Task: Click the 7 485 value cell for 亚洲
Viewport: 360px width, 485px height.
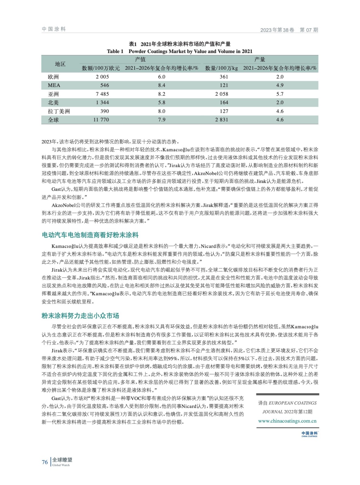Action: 102,94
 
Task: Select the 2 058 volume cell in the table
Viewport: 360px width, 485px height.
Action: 221,94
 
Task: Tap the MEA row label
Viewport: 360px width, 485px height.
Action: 54,85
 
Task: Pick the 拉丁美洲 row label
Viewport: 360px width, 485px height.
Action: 59,111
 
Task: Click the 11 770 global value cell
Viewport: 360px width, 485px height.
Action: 101,120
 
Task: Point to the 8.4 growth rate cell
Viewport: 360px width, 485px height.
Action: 162,85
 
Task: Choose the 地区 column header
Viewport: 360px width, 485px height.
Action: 60,64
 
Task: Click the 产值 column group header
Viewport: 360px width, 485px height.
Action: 140,59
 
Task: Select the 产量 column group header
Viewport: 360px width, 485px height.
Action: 260,59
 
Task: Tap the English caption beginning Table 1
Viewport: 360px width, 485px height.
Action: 180,51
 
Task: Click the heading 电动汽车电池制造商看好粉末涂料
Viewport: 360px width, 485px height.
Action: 90,235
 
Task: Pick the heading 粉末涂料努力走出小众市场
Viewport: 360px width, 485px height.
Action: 80,316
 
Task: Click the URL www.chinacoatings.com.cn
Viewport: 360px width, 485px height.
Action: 287,421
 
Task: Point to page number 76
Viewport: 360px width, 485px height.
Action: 45,462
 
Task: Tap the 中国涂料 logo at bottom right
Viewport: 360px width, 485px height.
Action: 309,434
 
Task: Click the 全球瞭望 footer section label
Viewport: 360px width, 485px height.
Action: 62,460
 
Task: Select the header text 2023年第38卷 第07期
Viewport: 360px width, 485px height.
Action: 289,30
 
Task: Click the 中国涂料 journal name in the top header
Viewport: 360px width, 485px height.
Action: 54,29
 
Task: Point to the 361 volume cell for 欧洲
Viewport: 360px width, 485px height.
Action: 224,77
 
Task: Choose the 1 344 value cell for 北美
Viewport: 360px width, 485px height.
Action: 102,102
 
